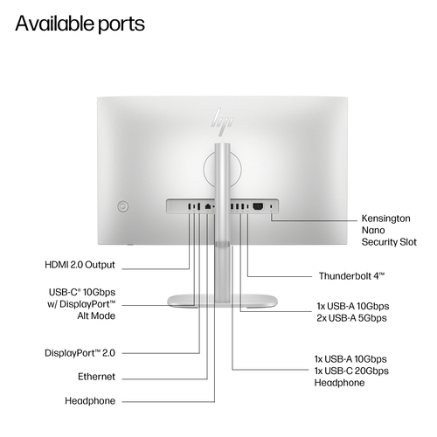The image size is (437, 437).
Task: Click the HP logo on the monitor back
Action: coord(222,121)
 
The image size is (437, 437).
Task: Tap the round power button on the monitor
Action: coord(122,206)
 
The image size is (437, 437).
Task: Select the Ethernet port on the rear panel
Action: coord(208,206)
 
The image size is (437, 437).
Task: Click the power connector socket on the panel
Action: coord(258,206)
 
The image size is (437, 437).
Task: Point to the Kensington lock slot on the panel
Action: coord(272,206)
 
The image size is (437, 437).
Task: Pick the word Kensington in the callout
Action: coord(385,218)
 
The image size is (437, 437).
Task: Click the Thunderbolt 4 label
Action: coord(351,276)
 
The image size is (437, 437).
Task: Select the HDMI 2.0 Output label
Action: coord(80,265)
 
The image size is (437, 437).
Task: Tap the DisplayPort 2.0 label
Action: coord(80,353)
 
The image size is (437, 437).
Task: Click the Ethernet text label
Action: coord(96,377)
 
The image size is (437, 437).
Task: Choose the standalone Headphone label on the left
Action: coord(90,401)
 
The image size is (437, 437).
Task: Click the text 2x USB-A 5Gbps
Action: coord(351,318)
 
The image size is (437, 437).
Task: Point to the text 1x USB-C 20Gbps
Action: coord(351,371)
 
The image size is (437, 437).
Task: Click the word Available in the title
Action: coord(54,24)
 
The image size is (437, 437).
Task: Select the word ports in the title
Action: coord(121,25)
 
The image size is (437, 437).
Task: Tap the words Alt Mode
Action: coord(96,316)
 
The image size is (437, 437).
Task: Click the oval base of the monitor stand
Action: coord(222,301)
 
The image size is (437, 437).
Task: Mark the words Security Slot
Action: coord(389,242)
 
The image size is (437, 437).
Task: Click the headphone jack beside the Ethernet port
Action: coord(214,206)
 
